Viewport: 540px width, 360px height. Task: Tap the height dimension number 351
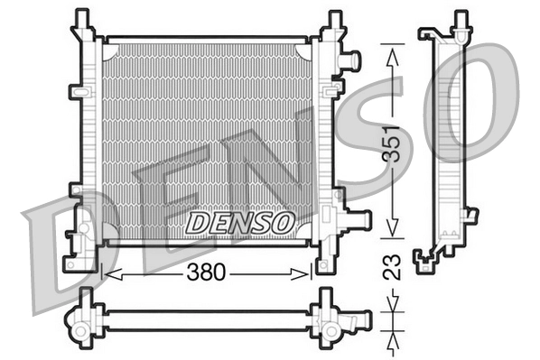pyautogui.click(x=391, y=142)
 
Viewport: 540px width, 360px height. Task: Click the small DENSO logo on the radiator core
pyautogui.click(x=240, y=219)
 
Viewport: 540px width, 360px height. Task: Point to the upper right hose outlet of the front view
pyautogui.click(x=350, y=60)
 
